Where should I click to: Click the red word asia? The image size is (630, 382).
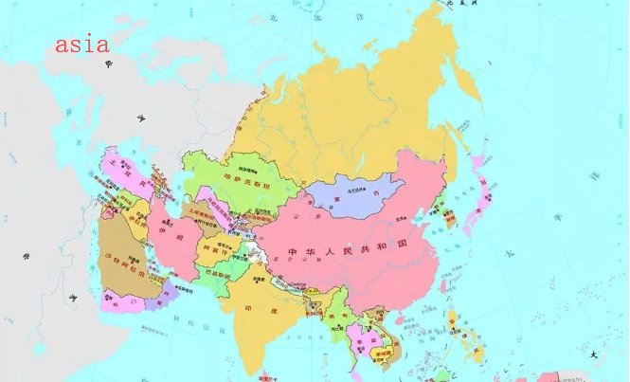coord(81,44)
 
